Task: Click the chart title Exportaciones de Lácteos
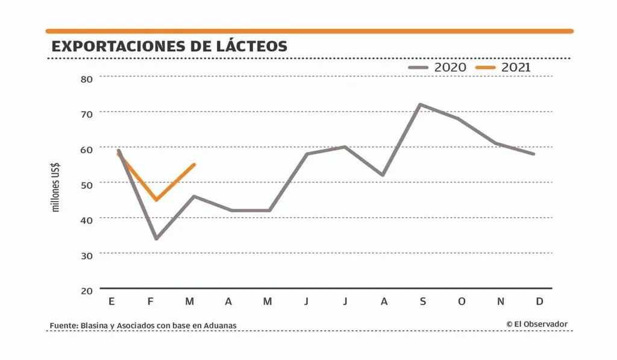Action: coord(169,46)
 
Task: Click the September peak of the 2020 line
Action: coord(420,104)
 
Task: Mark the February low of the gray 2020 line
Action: coord(157,239)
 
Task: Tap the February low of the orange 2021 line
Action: coord(157,200)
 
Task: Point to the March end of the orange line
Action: coord(194,165)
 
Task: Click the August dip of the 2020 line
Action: coord(383,175)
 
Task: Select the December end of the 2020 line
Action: coord(534,154)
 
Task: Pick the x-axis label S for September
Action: coord(422,302)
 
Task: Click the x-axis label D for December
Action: coord(539,302)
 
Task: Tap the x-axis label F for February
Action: coord(151,302)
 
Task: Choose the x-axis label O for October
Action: coord(462,302)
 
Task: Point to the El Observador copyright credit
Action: coord(537,324)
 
